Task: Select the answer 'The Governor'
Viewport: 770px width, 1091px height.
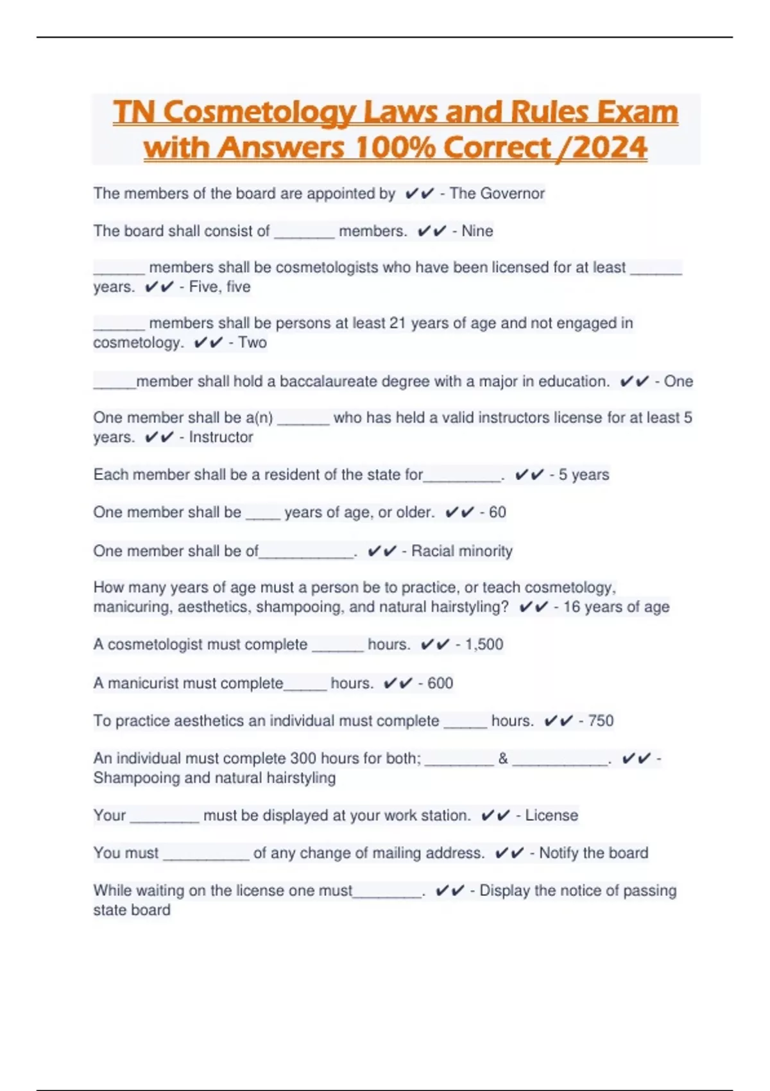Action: tap(497, 193)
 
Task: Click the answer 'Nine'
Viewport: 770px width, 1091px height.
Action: tap(477, 231)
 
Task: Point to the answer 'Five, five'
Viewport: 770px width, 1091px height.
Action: tap(219, 287)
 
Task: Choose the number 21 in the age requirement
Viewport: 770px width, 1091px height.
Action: tap(398, 323)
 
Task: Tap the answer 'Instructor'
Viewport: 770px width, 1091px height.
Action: tap(221, 437)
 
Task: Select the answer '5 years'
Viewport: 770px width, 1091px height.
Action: tap(583, 475)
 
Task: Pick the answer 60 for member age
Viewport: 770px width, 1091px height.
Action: tap(497, 512)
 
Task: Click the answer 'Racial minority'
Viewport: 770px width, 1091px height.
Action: tap(461, 551)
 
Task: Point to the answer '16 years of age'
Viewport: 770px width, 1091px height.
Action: tap(616, 607)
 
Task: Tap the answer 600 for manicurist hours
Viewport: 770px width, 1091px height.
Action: tap(440, 683)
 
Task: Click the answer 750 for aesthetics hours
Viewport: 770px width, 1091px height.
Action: tap(601, 721)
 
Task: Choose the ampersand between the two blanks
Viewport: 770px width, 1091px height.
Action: tap(503, 759)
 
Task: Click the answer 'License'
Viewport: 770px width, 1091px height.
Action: tap(551, 816)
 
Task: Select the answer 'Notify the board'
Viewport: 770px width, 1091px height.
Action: tap(594, 853)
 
